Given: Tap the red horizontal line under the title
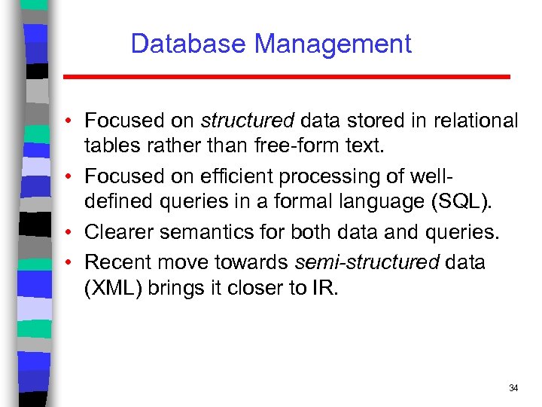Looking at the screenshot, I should (286, 77).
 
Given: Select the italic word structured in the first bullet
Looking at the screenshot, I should (248, 121).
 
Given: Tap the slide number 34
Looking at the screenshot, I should (513, 388).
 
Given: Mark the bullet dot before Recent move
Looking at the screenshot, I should (68, 262).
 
